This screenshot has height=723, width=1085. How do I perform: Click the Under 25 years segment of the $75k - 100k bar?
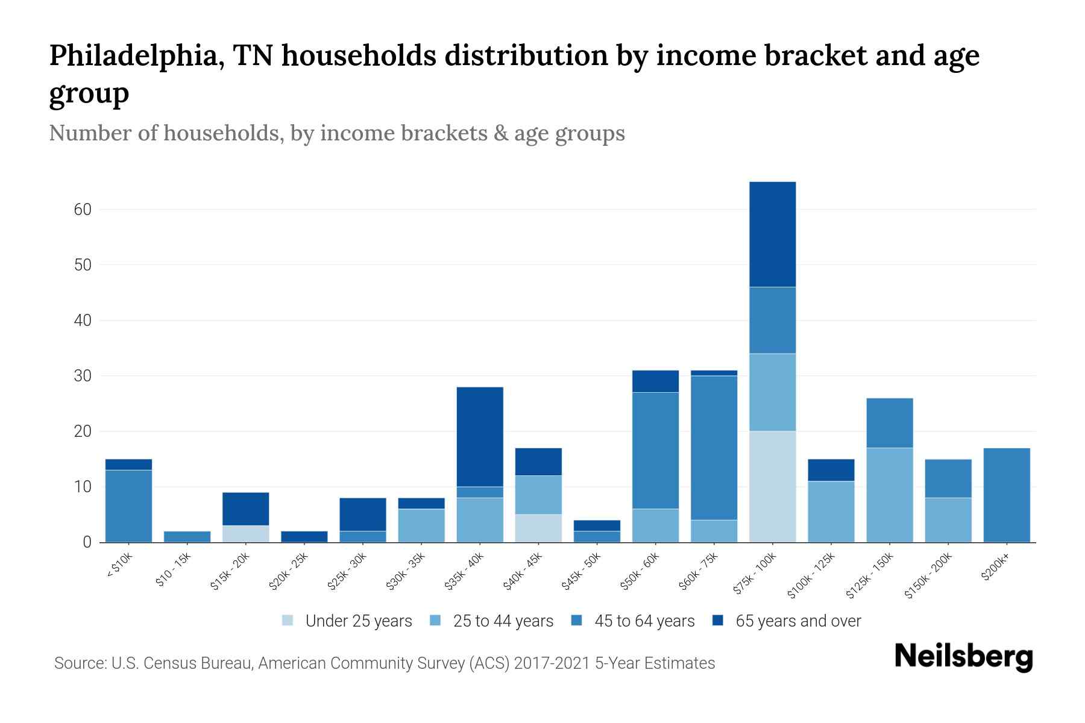pos(772,487)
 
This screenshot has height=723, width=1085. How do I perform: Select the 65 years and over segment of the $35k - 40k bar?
pos(480,437)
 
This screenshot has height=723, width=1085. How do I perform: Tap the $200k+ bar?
pos(1007,495)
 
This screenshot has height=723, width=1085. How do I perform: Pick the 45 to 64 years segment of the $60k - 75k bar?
pos(714,448)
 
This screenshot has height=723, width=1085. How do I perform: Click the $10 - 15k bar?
pos(187,537)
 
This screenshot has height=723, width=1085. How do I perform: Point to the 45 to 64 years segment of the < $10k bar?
pos(128,506)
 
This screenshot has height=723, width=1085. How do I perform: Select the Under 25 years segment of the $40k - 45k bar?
pos(538,528)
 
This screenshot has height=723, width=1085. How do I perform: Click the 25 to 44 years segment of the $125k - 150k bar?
pos(889,495)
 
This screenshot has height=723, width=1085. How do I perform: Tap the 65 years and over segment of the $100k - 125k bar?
pos(831,470)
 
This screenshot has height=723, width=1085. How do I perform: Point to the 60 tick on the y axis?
pos(83,210)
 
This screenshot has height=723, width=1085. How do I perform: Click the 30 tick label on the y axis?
pos(83,376)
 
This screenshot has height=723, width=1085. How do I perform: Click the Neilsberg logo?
pos(963,657)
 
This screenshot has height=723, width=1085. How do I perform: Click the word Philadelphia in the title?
pos(134,55)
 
